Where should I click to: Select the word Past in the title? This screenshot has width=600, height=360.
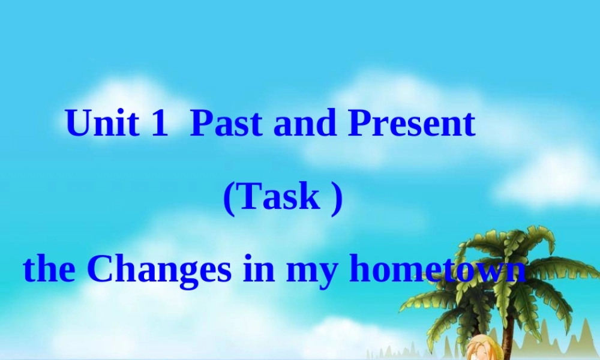[x=227, y=124]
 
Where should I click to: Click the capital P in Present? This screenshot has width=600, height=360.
[x=360, y=124]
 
